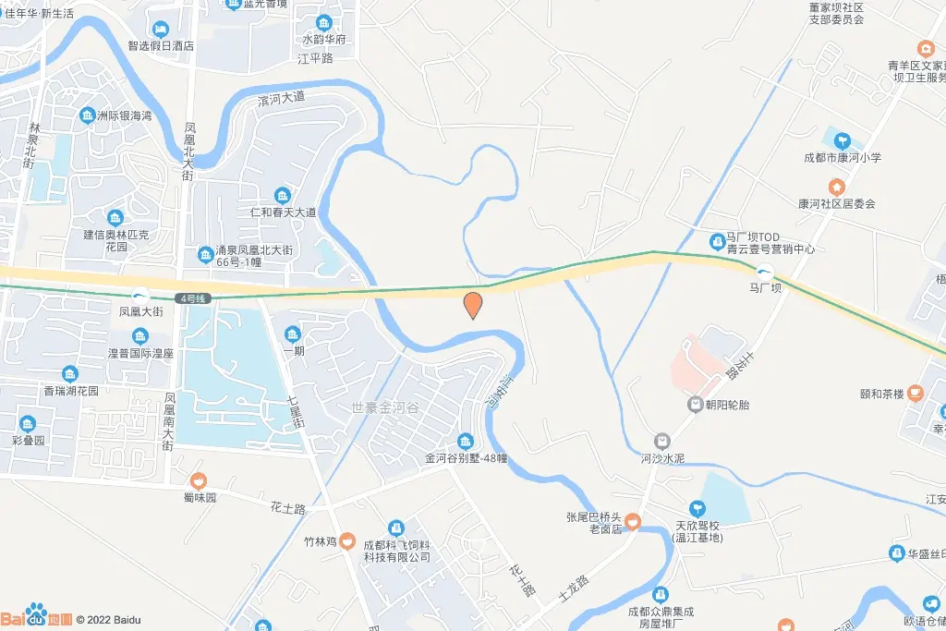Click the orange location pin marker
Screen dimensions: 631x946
472,304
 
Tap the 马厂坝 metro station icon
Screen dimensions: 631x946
765,272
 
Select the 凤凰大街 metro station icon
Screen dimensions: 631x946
141,295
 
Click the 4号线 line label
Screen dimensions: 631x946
192,298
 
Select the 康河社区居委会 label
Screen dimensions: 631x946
836,203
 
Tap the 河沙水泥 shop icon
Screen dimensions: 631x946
661,441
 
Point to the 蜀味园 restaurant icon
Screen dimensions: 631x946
198,480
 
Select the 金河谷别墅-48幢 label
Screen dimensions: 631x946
467,457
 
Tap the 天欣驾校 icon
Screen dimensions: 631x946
697,507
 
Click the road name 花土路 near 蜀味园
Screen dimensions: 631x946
288,508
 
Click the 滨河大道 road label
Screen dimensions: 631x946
281,97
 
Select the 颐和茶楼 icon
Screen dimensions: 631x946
915,393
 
